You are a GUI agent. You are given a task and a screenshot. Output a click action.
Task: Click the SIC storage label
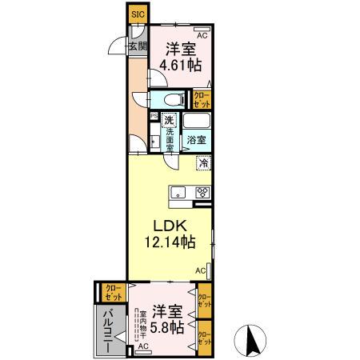[137, 14]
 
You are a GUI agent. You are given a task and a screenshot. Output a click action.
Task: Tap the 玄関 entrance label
[137, 46]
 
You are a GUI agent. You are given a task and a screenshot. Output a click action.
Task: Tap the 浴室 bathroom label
[197, 139]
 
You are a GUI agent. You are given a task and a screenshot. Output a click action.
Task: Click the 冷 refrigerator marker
[204, 164]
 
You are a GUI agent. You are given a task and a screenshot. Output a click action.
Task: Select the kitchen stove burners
[202, 192]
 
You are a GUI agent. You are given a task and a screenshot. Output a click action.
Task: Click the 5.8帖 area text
[169, 328]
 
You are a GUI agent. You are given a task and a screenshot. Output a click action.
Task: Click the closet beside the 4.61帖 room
[202, 99]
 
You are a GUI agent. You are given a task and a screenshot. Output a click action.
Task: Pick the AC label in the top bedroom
[202, 36]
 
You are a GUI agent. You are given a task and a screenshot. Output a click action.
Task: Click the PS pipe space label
[154, 115]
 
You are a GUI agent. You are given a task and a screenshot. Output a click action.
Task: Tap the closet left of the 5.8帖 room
[110, 291]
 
